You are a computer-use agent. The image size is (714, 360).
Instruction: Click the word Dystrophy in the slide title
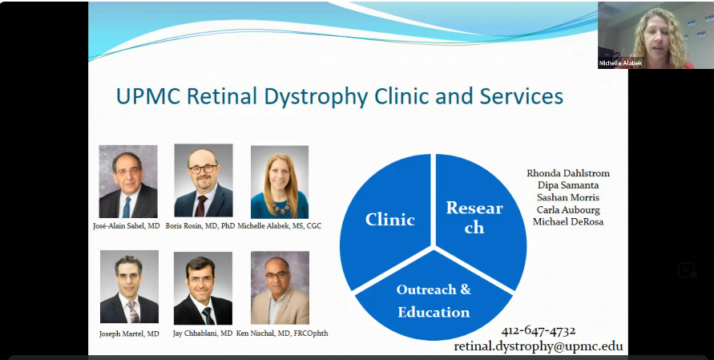tap(316, 97)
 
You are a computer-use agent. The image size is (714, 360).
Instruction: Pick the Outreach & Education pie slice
tap(434, 298)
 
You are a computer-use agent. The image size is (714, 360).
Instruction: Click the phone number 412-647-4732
tap(539, 330)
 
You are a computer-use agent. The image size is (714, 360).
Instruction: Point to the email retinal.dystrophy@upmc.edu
tap(539, 346)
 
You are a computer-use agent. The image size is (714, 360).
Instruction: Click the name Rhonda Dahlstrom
tap(568, 173)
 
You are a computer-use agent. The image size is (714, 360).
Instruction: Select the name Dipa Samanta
tap(568, 185)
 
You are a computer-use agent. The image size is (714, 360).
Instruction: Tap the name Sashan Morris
tap(568, 197)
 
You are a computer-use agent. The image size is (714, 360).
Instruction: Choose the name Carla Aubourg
tap(568, 210)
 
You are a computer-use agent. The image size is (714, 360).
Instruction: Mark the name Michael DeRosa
tap(568, 222)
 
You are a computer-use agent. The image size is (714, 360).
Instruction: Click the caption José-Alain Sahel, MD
tap(126, 225)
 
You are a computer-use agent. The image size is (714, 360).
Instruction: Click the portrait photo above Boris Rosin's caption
tap(203, 180)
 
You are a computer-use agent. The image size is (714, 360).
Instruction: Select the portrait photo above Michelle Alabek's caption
tap(280, 182)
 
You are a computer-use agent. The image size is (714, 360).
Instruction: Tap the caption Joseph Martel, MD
tap(129, 334)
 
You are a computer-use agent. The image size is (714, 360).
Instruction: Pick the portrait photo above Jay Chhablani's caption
tap(203, 288)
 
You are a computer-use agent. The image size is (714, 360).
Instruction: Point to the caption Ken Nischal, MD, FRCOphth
tap(282, 334)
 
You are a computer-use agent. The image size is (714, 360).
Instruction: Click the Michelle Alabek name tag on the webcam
tap(621, 63)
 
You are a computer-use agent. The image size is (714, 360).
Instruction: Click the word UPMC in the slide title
tap(149, 96)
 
